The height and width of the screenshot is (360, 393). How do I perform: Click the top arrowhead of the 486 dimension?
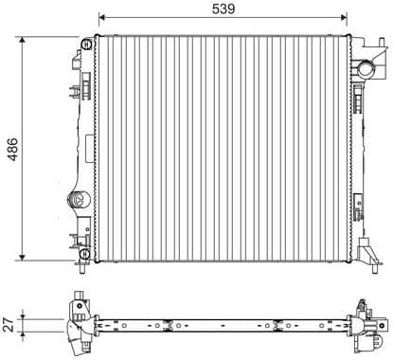coord(23,41)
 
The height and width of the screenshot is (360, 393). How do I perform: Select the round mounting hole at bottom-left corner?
coord(85,254)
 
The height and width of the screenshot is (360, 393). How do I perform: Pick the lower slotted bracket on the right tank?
coord(359,205)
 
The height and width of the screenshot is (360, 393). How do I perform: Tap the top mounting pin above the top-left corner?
coord(88,35)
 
